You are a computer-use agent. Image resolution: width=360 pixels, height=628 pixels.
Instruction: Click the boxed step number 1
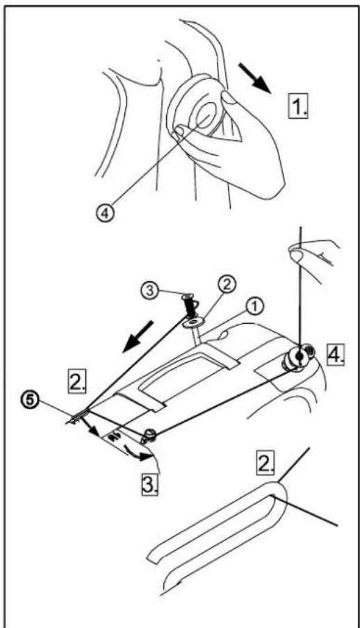pos(299,106)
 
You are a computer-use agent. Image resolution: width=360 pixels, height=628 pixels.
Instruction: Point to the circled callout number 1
pos(254,308)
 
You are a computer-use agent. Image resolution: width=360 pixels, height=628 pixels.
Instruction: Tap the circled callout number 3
pos(150,290)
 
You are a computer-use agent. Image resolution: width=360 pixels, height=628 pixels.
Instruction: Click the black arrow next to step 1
pos(255,77)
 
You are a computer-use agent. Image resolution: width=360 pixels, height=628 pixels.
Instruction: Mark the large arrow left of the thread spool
pos(138,337)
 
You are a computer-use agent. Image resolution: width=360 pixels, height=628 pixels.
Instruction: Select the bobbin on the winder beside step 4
pos(297,358)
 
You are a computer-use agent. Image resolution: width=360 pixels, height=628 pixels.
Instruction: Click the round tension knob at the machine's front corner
pos(149,435)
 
